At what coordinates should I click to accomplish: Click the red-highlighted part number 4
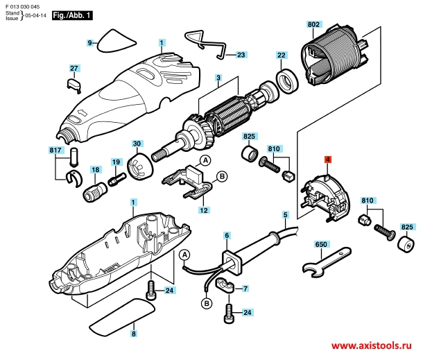coord(327,160)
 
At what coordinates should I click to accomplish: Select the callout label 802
coord(313,24)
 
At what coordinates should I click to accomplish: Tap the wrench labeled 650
coord(327,262)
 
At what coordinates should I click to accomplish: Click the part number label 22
coord(281,55)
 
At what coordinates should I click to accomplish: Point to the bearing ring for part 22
coord(287,81)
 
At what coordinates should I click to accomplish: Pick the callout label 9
coord(90,42)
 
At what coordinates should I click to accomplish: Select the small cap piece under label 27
coord(74,85)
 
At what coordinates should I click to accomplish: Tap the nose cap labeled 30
coord(140,166)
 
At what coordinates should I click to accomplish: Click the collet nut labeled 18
coord(95,191)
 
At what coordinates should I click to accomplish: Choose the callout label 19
coord(116,162)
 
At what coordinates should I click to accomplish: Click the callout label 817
coord(55,150)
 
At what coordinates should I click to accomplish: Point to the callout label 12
coord(204,210)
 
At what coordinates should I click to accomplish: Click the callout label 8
coord(134,334)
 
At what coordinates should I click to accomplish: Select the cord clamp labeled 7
coord(225,285)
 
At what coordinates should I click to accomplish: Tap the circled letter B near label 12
coord(222,177)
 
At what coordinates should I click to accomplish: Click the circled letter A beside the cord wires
coord(184,255)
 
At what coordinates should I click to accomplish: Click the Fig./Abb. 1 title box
coord(72,15)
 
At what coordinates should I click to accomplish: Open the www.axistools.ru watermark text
coord(372,345)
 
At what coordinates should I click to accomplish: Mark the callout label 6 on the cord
coord(227,236)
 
